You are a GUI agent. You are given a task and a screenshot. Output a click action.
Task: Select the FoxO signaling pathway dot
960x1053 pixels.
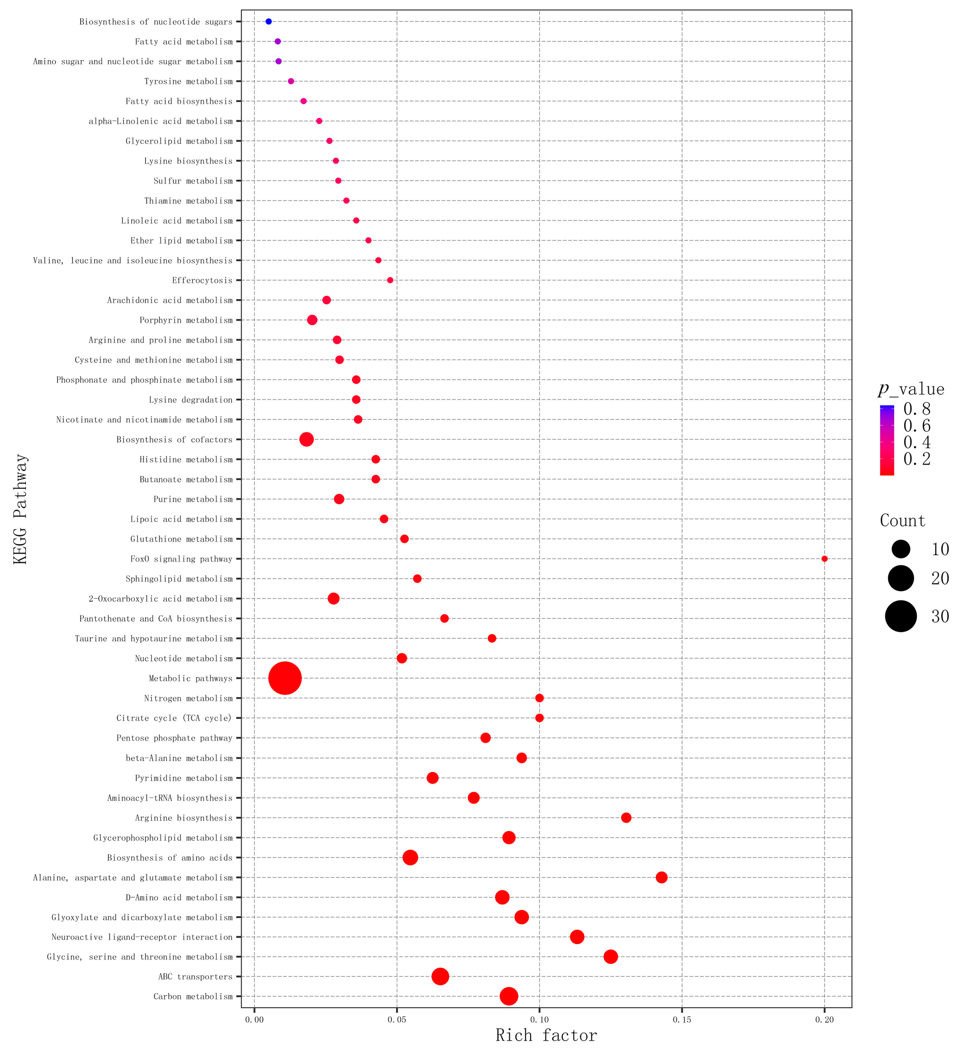(824, 559)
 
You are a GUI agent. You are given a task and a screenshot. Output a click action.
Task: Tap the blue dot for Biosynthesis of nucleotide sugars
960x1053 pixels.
(268, 21)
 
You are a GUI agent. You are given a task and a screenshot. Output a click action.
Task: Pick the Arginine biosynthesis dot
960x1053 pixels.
(626, 817)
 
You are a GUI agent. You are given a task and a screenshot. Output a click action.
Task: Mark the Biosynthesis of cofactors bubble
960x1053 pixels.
(306, 439)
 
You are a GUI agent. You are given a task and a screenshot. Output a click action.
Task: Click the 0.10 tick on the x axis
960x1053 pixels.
(539, 1019)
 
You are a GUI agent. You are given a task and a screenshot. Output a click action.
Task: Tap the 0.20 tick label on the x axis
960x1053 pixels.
(824, 1019)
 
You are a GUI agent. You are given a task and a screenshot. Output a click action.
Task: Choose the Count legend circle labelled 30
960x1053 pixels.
(901, 616)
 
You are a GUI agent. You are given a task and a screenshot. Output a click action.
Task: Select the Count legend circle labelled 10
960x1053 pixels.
(901, 549)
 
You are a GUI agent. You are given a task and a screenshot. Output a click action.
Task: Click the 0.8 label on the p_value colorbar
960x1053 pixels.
(917, 408)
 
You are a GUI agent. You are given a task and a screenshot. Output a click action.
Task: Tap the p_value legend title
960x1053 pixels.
(911, 389)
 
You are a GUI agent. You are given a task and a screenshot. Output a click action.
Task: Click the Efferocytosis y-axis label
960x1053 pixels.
(202, 280)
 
